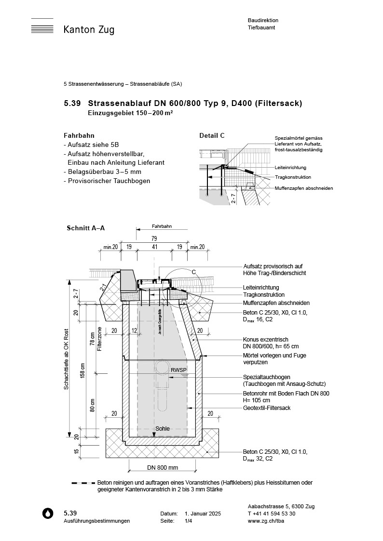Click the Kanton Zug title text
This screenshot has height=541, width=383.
89,30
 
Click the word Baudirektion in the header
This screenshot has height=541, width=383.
263,21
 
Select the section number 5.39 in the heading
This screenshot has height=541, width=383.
73,104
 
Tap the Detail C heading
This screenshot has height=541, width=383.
212,136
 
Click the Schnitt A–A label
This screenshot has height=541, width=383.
85,229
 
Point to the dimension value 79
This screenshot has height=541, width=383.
154,238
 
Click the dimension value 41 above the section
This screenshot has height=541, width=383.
154,247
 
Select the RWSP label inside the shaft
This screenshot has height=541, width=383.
178,370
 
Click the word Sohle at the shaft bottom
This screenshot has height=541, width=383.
162,428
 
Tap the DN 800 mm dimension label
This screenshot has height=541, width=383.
162,468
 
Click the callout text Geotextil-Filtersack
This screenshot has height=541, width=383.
267,408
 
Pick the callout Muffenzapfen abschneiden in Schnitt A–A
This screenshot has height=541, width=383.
276,303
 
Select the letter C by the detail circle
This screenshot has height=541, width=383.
194,272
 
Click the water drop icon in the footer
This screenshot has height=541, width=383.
48,514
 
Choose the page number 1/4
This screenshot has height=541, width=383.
188,521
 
